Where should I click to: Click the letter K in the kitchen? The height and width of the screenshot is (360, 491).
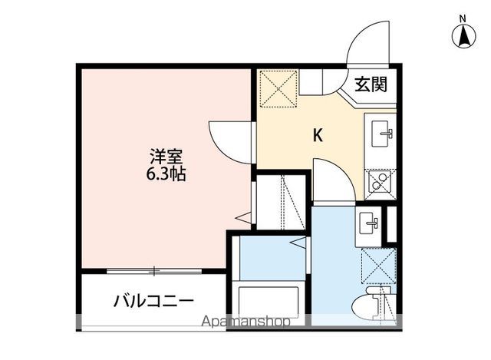click(x=317, y=135)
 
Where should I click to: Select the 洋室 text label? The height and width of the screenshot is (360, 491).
click(x=166, y=156)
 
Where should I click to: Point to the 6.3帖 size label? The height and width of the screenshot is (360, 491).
click(x=166, y=173)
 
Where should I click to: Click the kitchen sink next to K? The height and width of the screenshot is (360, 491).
click(x=381, y=136)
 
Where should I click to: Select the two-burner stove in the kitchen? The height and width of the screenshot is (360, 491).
click(x=380, y=183)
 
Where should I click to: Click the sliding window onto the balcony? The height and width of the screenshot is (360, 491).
click(x=154, y=270)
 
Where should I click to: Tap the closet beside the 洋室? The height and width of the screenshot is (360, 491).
click(x=281, y=203)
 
